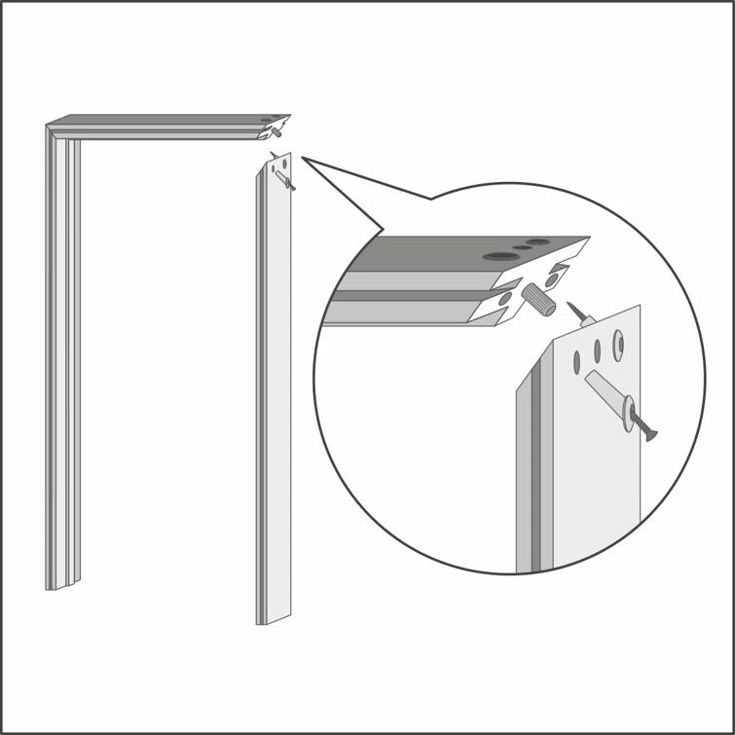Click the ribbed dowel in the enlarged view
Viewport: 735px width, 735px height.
(538, 297)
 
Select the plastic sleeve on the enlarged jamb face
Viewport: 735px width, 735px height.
(604, 395)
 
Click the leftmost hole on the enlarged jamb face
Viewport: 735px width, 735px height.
(576, 361)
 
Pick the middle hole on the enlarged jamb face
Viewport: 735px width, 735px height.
(597, 351)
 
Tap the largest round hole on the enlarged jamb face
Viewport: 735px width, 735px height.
(617, 341)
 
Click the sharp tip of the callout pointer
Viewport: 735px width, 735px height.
(303, 157)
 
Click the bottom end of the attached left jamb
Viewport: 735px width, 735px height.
(50, 588)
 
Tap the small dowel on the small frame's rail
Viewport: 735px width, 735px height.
(276, 135)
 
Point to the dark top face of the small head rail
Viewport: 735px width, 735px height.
(165, 121)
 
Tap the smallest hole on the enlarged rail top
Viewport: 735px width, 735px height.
(523, 247)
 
